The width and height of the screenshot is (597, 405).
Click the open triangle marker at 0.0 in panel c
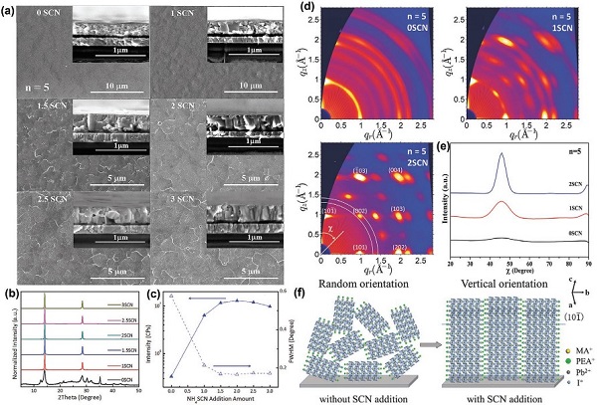[172, 297]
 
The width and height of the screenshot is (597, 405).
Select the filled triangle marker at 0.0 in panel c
[172, 376]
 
